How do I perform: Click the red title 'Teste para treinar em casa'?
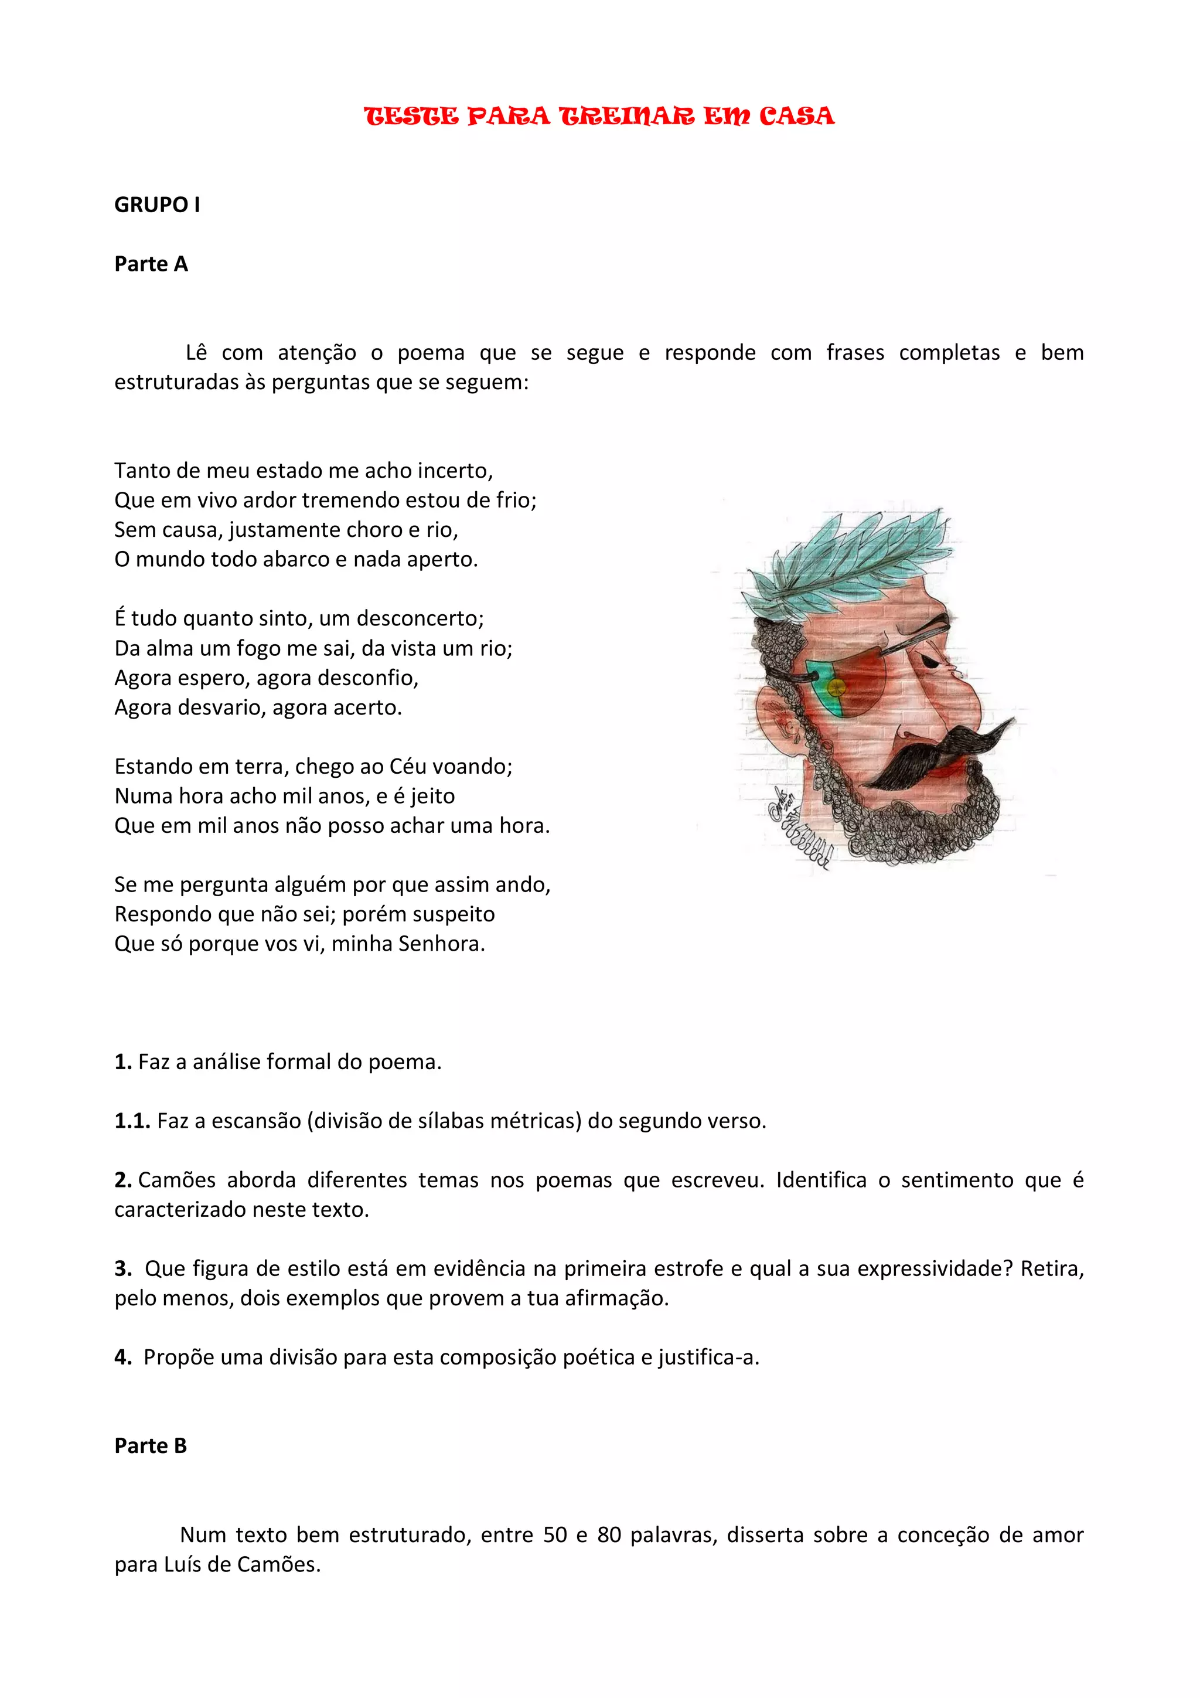(x=599, y=116)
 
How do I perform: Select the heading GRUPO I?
(x=157, y=205)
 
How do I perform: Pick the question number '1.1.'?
(x=132, y=1121)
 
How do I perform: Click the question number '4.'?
(x=122, y=1358)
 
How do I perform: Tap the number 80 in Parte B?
(x=609, y=1535)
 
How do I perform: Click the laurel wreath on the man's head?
(x=850, y=562)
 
